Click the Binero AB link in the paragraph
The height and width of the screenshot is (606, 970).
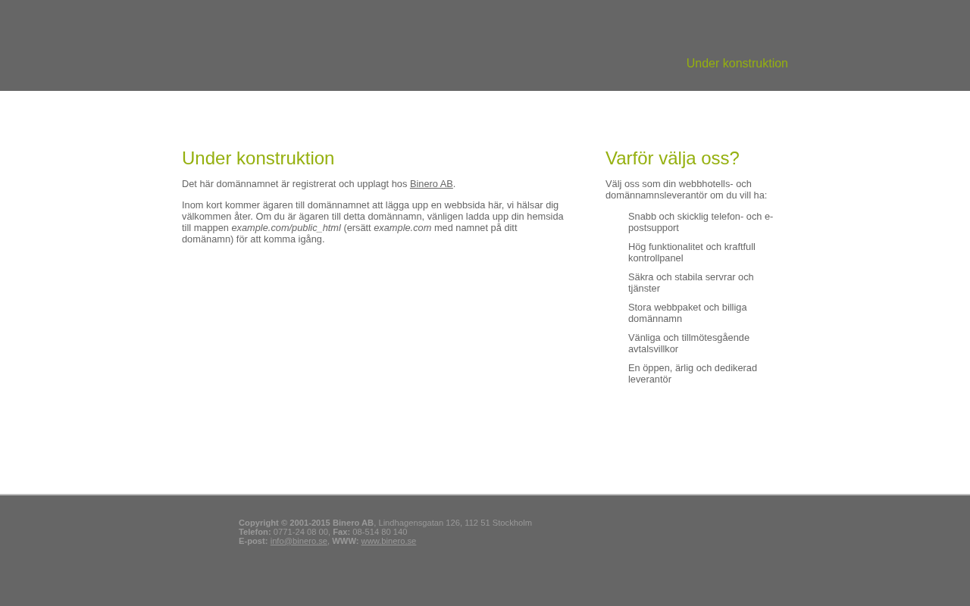coord(431,184)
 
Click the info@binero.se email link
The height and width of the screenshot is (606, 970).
coord(299,541)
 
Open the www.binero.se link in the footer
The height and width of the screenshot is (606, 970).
coord(388,541)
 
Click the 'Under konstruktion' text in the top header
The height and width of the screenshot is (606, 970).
coord(737,64)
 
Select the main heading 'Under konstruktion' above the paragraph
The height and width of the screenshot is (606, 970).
coord(258,158)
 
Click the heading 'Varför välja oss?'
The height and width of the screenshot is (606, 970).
coord(672,158)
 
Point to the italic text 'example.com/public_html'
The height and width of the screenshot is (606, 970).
coord(286,228)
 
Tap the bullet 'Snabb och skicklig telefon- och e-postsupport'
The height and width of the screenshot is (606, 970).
coord(699,222)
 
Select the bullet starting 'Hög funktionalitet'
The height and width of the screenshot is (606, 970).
coord(691,252)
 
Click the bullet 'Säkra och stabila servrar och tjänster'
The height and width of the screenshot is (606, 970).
coord(690,283)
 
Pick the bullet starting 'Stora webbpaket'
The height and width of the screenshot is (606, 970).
coord(687,313)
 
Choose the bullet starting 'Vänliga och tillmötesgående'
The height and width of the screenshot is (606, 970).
coord(688,343)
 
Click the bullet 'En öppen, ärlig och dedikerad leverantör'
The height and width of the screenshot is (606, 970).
coord(692,373)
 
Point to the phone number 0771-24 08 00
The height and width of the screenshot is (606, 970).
coord(301,532)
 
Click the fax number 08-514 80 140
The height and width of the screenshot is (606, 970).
coord(380,532)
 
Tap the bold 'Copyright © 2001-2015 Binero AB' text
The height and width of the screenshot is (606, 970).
coord(305,523)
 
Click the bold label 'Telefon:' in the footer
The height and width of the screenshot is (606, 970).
coord(255,532)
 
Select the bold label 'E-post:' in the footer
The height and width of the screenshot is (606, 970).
coord(253,541)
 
